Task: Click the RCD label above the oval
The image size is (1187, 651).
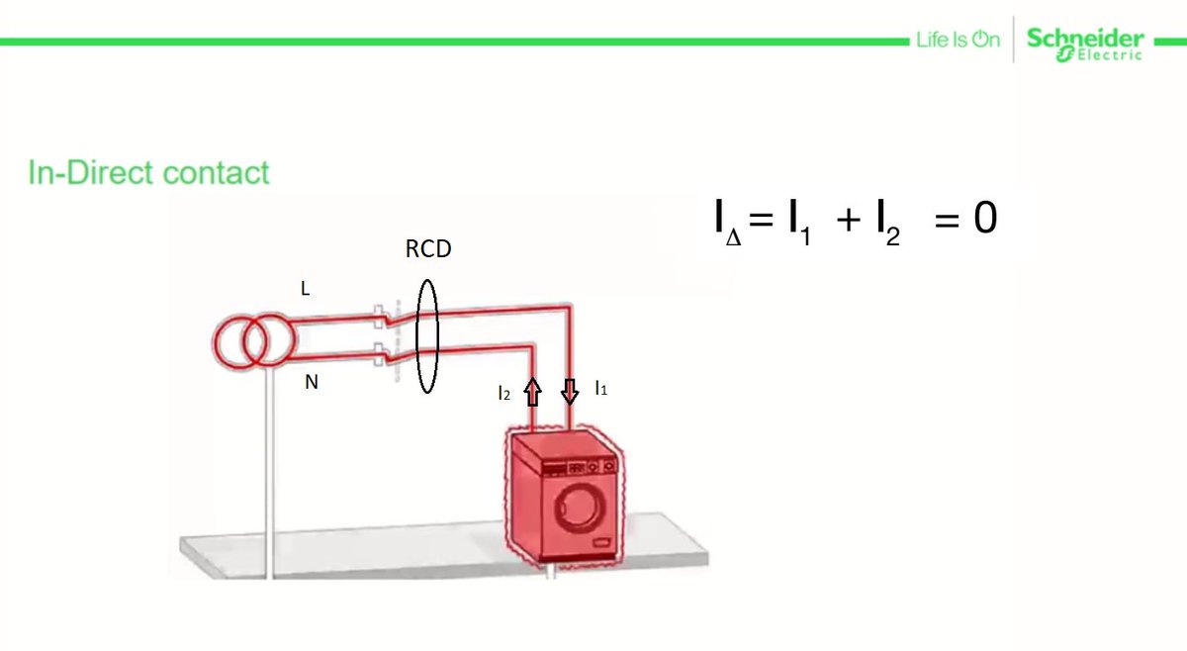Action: (x=428, y=249)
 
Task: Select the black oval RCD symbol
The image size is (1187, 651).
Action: (x=427, y=336)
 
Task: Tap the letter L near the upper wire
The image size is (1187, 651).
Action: (x=306, y=289)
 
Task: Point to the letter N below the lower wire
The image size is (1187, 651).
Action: (x=311, y=381)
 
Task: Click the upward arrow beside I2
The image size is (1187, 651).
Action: (x=532, y=394)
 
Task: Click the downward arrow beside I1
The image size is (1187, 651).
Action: (x=569, y=393)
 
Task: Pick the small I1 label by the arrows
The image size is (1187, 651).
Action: (x=600, y=390)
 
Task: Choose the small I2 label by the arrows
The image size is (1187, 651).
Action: (x=504, y=394)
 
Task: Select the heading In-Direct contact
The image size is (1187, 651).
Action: (x=148, y=173)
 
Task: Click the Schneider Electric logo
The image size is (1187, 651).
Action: (x=1085, y=44)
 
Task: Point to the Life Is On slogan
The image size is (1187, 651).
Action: (x=958, y=41)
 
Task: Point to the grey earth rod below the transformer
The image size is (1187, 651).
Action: (x=267, y=475)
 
